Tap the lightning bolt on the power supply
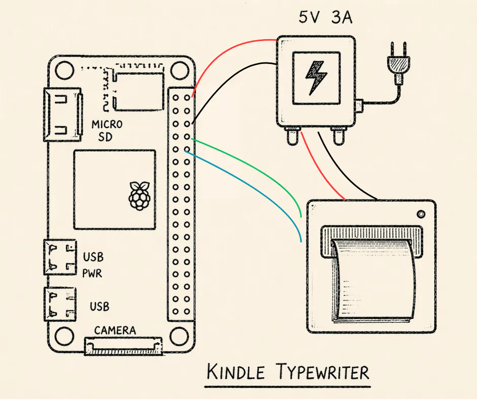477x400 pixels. click(x=315, y=78)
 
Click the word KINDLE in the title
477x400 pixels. click(x=236, y=372)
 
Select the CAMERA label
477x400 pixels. click(x=115, y=330)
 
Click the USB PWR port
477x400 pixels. click(x=60, y=257)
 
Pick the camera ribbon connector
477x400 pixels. click(x=124, y=346)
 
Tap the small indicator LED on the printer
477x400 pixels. click(x=421, y=213)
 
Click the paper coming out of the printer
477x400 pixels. click(x=373, y=282)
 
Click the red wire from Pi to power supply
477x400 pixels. click(x=223, y=51)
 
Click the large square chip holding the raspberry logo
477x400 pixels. click(x=114, y=189)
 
